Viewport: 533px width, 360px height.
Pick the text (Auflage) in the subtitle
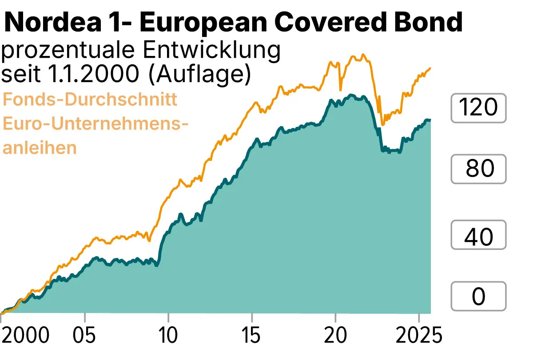tap(198, 74)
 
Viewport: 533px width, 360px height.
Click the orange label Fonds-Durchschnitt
tap(90, 99)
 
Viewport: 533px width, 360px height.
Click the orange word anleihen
tap(40, 147)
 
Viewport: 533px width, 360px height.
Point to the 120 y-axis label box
tap(478, 108)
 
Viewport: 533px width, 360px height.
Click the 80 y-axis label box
tap(478, 169)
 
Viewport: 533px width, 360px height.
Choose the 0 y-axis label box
tap(478, 296)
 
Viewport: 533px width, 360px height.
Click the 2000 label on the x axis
tap(25, 336)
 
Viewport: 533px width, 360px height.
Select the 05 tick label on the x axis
tap(84, 336)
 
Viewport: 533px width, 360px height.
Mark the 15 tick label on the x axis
tap(252, 336)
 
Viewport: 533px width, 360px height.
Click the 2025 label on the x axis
tap(419, 336)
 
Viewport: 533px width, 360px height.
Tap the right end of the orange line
tap(430, 68)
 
